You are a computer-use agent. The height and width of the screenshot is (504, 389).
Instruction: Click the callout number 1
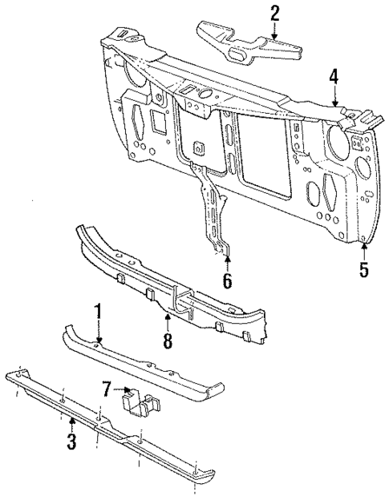pyautogui.click(x=98, y=310)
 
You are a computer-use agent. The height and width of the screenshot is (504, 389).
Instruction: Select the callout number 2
pyautogui.click(x=275, y=13)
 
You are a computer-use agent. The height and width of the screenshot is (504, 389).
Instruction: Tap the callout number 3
pyautogui.click(x=71, y=441)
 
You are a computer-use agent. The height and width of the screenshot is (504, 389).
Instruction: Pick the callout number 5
pyautogui.click(x=364, y=269)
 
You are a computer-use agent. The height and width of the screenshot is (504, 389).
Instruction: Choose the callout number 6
pyautogui.click(x=226, y=280)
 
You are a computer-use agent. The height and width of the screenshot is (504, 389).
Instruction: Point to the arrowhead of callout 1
pyautogui.click(x=98, y=343)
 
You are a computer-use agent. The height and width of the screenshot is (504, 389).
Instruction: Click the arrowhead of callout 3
pyautogui.click(x=71, y=417)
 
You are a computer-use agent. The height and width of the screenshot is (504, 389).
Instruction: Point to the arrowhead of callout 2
pyautogui.click(x=275, y=40)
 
